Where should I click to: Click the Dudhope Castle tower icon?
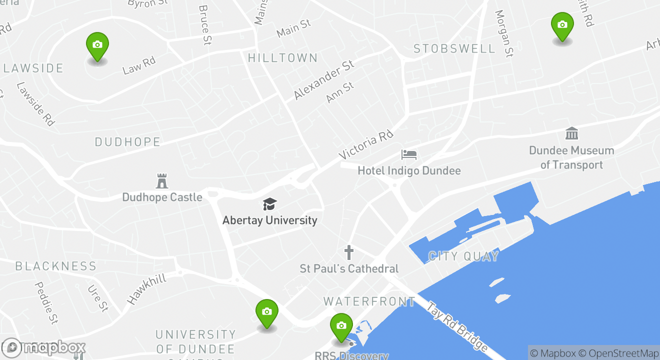(162, 181)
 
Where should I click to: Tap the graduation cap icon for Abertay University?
(269, 204)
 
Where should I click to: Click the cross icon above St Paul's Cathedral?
(348, 252)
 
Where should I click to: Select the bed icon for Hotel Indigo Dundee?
(408, 154)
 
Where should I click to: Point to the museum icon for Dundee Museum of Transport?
(571, 133)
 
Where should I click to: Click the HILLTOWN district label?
(283, 58)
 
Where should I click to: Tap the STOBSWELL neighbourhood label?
(454, 49)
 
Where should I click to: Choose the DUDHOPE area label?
(127, 142)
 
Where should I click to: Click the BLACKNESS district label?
(55, 266)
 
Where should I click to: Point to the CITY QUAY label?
(463, 257)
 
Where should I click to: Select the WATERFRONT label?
(369, 301)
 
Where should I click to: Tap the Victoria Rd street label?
(366, 144)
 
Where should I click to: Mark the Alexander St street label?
(323, 79)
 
